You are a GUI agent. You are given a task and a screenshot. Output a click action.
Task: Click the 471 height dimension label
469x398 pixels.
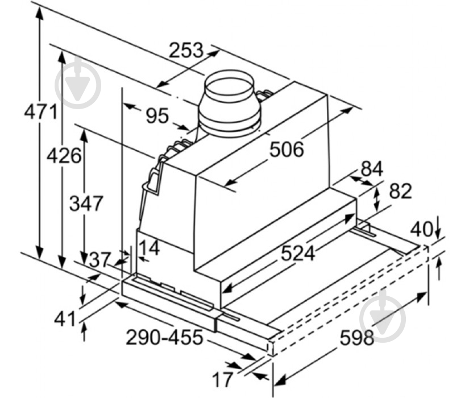(41, 112)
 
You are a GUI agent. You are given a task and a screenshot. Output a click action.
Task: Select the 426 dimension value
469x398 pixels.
(64, 155)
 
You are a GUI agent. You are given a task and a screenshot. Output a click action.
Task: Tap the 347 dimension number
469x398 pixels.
(86, 203)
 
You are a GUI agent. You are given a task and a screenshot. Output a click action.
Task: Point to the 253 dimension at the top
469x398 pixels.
(186, 50)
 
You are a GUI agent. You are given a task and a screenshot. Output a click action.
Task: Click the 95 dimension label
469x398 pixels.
(157, 115)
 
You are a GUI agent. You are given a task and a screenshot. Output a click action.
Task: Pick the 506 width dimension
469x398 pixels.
(287, 149)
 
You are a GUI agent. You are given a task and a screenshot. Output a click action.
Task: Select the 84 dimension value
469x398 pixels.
(372, 168)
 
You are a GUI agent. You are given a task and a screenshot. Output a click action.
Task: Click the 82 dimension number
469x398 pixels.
(401, 191)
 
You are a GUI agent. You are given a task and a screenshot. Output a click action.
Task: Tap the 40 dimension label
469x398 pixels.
(421, 230)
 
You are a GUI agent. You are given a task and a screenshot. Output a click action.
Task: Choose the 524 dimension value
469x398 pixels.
(298, 253)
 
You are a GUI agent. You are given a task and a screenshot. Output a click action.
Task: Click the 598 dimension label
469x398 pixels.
(357, 338)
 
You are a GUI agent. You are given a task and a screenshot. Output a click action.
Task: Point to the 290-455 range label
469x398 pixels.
(164, 337)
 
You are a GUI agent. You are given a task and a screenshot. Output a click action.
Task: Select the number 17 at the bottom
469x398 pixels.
(222, 379)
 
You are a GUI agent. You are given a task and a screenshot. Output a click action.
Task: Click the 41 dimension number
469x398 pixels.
(65, 319)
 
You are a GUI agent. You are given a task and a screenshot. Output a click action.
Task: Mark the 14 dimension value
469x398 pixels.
(150, 248)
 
